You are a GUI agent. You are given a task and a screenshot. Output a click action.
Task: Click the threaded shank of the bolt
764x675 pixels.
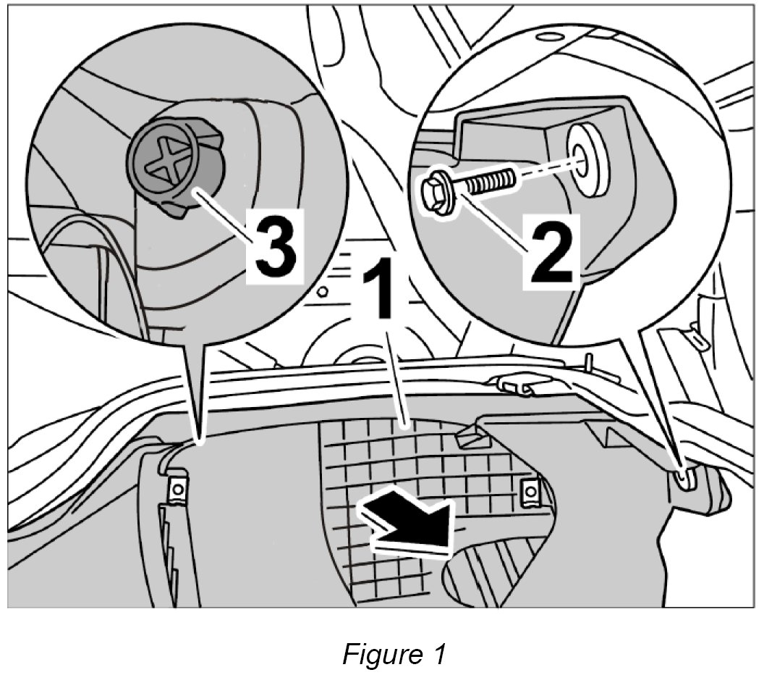(x=492, y=178)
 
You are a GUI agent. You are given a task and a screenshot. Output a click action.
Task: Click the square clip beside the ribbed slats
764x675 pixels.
(x=175, y=490)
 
